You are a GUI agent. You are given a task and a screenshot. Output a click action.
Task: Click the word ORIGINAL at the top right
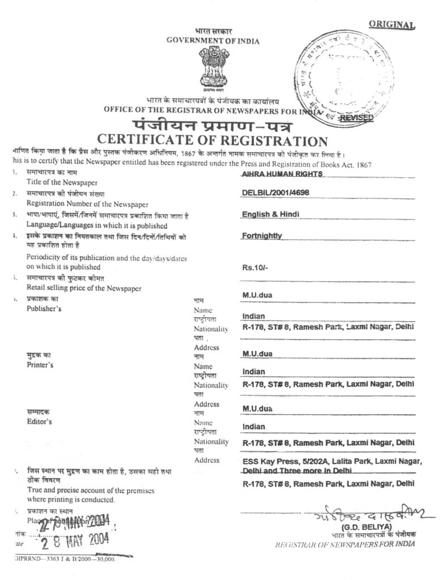click(x=392, y=24)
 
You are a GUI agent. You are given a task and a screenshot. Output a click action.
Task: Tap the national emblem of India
click(x=214, y=67)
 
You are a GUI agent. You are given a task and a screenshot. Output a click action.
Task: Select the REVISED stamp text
click(x=356, y=117)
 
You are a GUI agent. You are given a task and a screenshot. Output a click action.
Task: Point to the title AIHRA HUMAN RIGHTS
click(x=282, y=174)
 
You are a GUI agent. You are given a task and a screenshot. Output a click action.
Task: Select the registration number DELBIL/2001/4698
click(x=275, y=193)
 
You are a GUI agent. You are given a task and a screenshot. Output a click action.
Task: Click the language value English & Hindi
click(x=271, y=214)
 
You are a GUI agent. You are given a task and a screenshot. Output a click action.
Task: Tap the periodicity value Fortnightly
click(x=262, y=236)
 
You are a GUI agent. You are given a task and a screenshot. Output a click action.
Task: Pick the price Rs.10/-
click(x=255, y=268)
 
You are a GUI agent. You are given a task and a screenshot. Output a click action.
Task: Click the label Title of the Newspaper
click(x=62, y=182)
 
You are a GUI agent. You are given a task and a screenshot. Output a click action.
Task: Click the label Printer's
click(x=40, y=365)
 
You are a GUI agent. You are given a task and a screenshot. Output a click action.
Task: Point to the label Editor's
click(x=39, y=422)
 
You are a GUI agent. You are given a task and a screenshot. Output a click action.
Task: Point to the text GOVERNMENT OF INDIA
click(x=213, y=41)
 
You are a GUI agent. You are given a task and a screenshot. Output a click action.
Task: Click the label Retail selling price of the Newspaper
click(x=84, y=288)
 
